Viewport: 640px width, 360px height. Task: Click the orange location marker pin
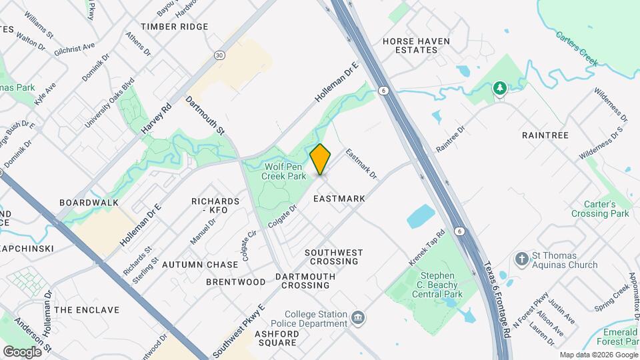[x=321, y=159]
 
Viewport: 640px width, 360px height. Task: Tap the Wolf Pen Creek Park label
[x=286, y=171]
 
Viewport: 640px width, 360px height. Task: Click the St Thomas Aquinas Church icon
[x=521, y=257]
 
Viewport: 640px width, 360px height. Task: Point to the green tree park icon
[x=499, y=88]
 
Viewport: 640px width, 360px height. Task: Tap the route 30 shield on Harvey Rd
[x=219, y=55]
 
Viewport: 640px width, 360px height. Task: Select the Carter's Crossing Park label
[x=600, y=209]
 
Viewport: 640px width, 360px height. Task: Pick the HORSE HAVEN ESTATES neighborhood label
[x=416, y=45]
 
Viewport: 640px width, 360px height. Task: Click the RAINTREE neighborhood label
[x=545, y=135]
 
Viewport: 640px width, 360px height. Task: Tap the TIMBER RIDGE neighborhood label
[x=175, y=27]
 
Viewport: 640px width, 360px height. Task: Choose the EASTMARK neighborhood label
[x=339, y=199]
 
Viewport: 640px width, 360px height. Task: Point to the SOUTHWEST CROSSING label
[x=334, y=257]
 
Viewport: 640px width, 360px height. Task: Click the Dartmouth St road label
[x=205, y=115]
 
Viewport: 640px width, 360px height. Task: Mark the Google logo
[x=22, y=351]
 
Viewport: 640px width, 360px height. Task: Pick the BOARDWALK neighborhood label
[x=89, y=203]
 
